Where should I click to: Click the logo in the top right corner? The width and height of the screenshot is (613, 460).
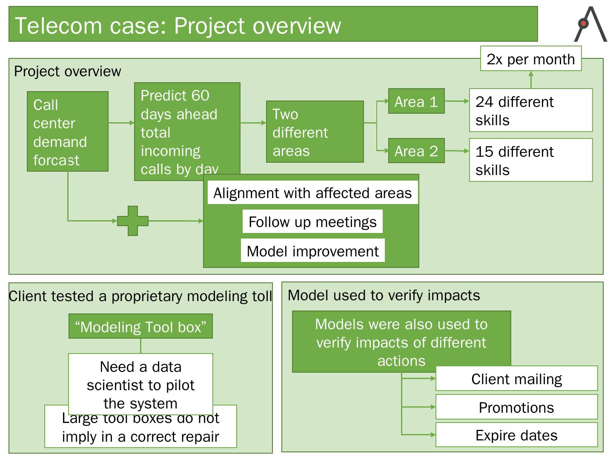coord(590,25)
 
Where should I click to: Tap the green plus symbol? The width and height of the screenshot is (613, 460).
coord(133,221)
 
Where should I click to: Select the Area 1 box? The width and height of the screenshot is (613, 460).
coord(416,101)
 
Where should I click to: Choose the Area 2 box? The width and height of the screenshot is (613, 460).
coord(416,151)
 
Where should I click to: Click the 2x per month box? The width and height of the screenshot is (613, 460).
coord(530,59)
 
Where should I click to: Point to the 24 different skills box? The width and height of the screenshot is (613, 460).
coord(530,110)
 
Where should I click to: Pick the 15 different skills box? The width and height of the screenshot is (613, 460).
coord(530,160)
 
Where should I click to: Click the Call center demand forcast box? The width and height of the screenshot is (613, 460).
coord(67,132)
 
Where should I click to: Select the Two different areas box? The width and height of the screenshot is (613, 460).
coord(315,132)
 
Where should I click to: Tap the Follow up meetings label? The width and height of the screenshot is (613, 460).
coord(312,222)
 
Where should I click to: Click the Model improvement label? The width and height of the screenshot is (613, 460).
coord(312,251)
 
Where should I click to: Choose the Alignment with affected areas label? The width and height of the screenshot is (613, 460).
coord(312,193)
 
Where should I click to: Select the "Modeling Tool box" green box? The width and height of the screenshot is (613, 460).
coord(140,327)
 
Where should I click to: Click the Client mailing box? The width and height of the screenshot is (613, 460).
coord(516,379)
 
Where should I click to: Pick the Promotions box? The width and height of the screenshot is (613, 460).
coord(516,407)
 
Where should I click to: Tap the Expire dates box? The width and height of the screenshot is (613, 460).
coord(516,435)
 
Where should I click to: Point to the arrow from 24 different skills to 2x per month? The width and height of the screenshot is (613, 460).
coord(531,80)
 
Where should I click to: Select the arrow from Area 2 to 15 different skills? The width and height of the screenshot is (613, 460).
coord(457,151)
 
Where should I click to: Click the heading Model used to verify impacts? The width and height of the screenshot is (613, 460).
coord(384,295)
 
